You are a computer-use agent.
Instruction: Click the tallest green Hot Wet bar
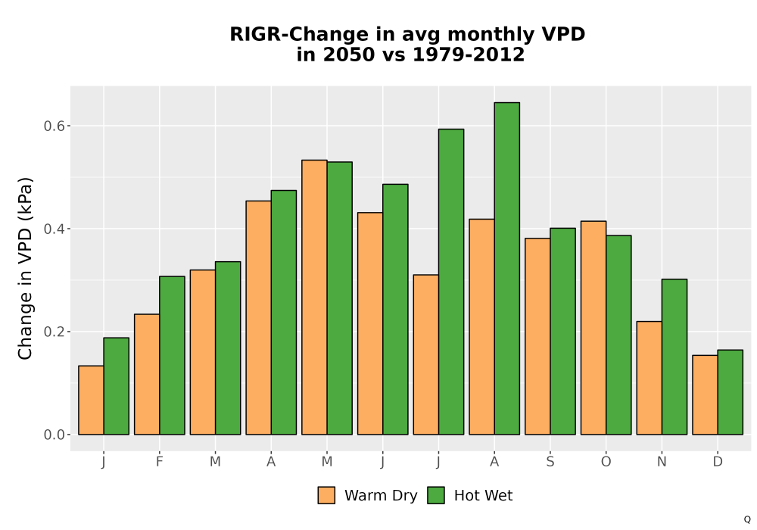coord(507,268)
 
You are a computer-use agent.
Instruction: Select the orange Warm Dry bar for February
coord(147,374)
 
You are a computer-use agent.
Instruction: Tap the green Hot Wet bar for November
coord(674,357)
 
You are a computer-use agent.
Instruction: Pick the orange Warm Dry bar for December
coord(705,394)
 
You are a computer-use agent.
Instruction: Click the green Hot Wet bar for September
coord(563,331)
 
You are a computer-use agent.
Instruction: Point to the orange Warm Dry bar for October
coord(593,328)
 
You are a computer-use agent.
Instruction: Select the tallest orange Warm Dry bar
coord(314,298)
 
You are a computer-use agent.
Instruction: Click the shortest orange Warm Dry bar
coord(92,401)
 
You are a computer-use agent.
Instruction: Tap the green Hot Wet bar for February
coord(173,355)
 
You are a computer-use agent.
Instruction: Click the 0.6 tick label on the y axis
coord(55,126)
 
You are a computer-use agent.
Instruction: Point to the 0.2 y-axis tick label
coord(55,332)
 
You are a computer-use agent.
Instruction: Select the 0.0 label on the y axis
coord(55,435)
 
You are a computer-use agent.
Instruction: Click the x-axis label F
coord(159,462)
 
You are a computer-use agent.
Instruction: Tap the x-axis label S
coord(550,462)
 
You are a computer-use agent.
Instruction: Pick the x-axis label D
coord(718,462)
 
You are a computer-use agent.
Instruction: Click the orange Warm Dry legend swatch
coord(326,495)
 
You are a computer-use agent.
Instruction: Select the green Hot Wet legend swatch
coord(436,495)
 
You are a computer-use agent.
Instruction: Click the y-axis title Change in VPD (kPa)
coord(25,268)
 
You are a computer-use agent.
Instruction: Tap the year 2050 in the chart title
coord(348,55)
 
